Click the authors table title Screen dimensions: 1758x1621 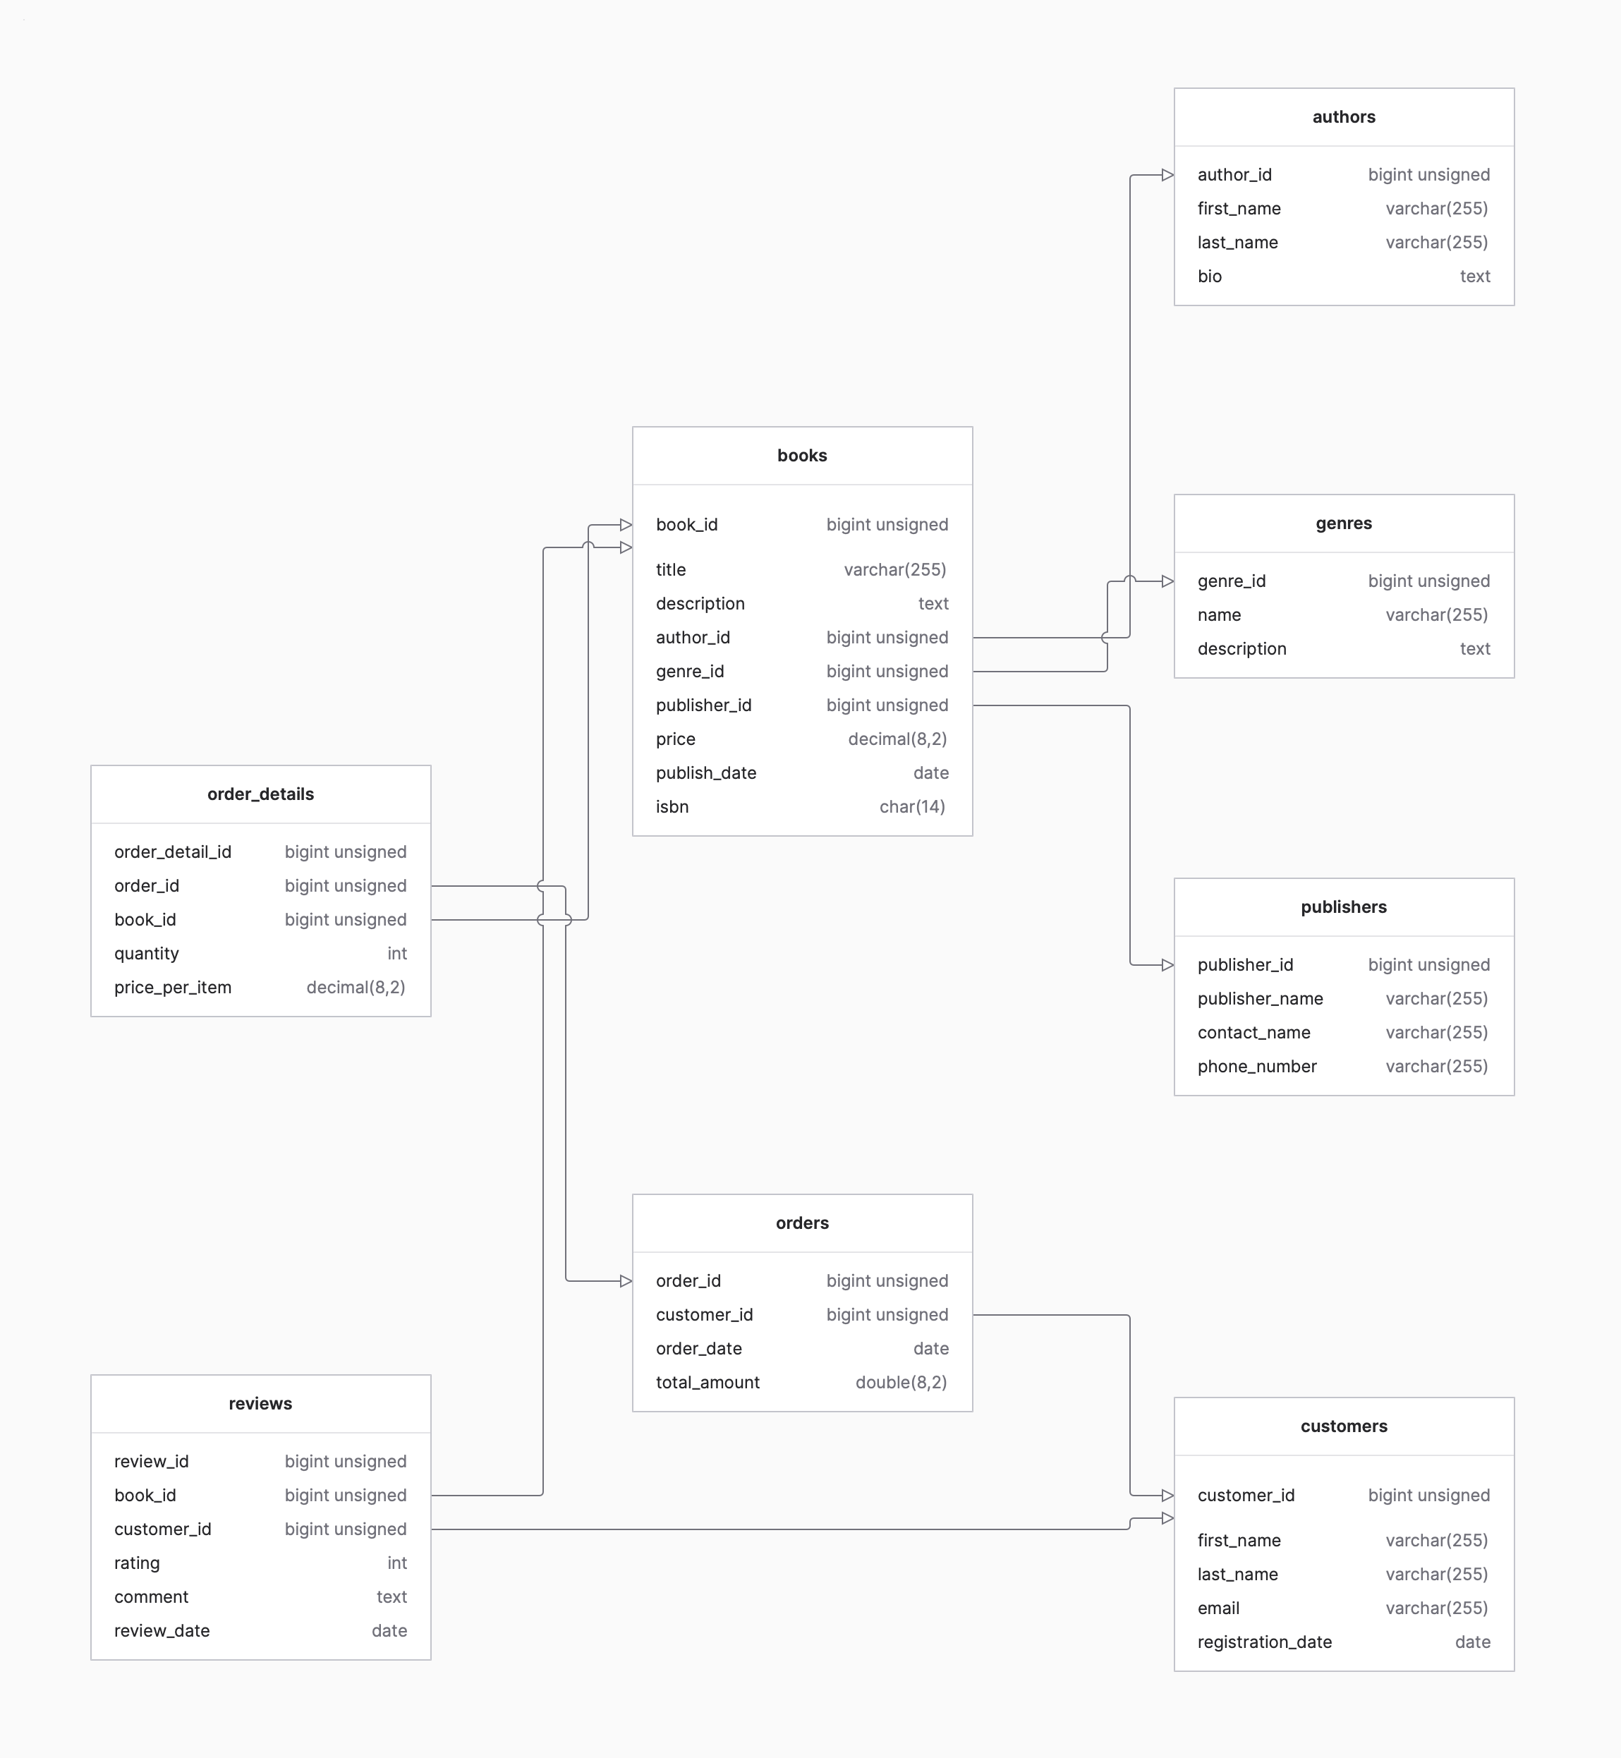click(x=1343, y=116)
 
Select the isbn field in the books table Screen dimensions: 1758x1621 click(x=672, y=807)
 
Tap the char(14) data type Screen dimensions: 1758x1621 click(x=911, y=807)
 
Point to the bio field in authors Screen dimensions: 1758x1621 click(x=1210, y=277)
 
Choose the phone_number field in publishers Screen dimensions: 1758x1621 click(x=1256, y=1067)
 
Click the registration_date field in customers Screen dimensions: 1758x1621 click(x=1264, y=1642)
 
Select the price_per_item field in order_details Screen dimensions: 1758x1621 click(x=173, y=988)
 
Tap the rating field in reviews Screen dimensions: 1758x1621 click(x=137, y=1563)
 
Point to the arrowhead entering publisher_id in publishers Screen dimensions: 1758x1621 click(x=1167, y=965)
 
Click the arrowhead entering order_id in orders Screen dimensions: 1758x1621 click(x=626, y=1282)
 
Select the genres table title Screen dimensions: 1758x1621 click(x=1343, y=523)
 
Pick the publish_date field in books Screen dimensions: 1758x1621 click(x=706, y=773)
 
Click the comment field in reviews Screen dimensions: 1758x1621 click(x=151, y=1597)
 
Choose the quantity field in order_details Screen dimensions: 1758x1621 click(x=147, y=954)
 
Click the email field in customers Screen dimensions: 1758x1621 click(x=1218, y=1608)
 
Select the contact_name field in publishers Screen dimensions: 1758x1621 click(x=1253, y=1033)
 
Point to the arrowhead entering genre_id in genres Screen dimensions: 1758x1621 click(x=1167, y=581)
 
